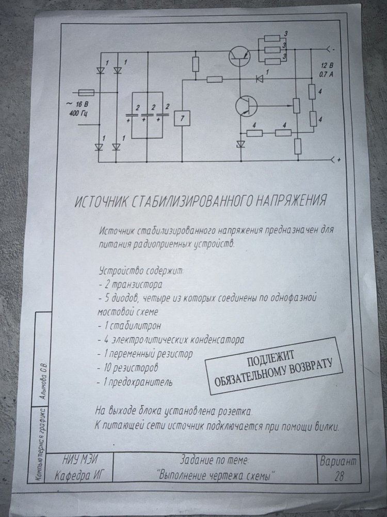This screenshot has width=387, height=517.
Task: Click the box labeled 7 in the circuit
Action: (x=182, y=118)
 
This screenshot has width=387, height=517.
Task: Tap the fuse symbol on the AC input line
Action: (x=86, y=93)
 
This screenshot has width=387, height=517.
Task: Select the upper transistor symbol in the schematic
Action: (x=239, y=55)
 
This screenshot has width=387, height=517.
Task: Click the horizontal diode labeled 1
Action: (x=260, y=79)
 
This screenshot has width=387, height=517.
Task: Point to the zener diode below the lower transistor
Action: (x=241, y=144)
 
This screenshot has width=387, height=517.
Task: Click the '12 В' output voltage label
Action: (x=327, y=66)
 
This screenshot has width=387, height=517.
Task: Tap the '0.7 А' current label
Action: (x=326, y=74)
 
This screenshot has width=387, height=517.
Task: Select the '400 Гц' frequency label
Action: (x=78, y=114)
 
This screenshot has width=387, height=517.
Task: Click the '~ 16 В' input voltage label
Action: (x=77, y=104)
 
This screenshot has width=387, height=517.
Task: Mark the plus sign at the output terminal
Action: (x=338, y=160)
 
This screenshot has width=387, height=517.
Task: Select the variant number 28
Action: (x=338, y=477)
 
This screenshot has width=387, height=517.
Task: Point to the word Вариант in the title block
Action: (x=338, y=462)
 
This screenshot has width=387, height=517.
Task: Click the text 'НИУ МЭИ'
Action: (x=80, y=459)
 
